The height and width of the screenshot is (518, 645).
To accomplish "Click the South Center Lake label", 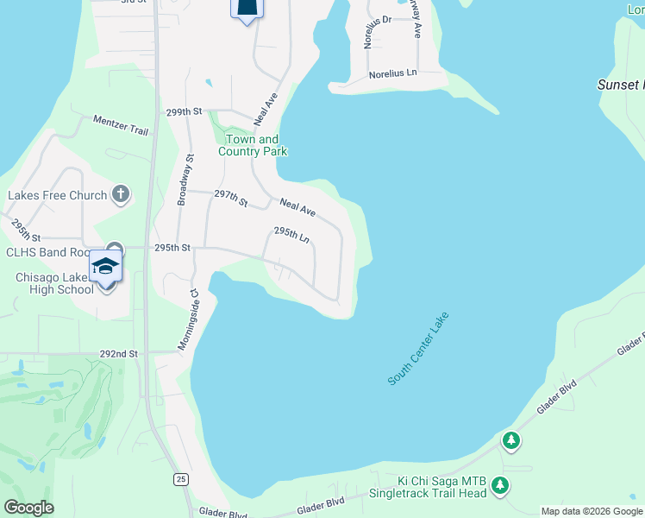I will tap(418, 350).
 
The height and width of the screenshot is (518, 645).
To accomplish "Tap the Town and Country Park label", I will tap(252, 145).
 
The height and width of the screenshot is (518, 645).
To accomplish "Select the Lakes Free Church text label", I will tap(57, 195).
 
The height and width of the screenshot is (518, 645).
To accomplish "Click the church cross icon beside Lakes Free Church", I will tap(120, 195).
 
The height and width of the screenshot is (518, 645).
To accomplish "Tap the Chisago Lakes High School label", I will tap(54, 283).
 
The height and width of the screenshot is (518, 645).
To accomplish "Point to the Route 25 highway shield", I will tap(180, 479).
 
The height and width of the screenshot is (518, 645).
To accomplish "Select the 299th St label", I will tap(184, 112).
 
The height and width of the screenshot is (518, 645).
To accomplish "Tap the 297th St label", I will tap(231, 197).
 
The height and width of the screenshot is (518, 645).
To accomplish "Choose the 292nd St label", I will tap(119, 354).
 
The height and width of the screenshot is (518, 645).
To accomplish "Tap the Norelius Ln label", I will tap(392, 74).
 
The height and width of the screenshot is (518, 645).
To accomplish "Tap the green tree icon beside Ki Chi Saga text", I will tap(499, 487).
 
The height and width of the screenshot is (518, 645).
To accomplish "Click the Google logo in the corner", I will tap(28, 508).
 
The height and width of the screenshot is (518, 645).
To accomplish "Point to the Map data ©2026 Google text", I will tap(592, 511).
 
